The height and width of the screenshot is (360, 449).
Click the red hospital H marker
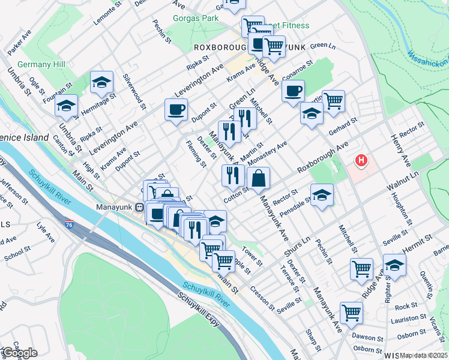[361, 161]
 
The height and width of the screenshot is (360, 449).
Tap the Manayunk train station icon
[139, 208]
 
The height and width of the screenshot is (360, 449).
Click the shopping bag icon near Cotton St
[258, 178]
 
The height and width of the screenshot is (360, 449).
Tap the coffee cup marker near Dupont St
[176, 110]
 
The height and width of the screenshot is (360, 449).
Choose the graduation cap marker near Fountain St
[102, 82]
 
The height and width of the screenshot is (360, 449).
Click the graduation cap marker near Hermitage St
[66, 106]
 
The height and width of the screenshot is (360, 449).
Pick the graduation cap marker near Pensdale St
[322, 195]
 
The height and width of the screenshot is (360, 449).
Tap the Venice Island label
[24, 137]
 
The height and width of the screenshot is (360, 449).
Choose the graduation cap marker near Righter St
[395, 265]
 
